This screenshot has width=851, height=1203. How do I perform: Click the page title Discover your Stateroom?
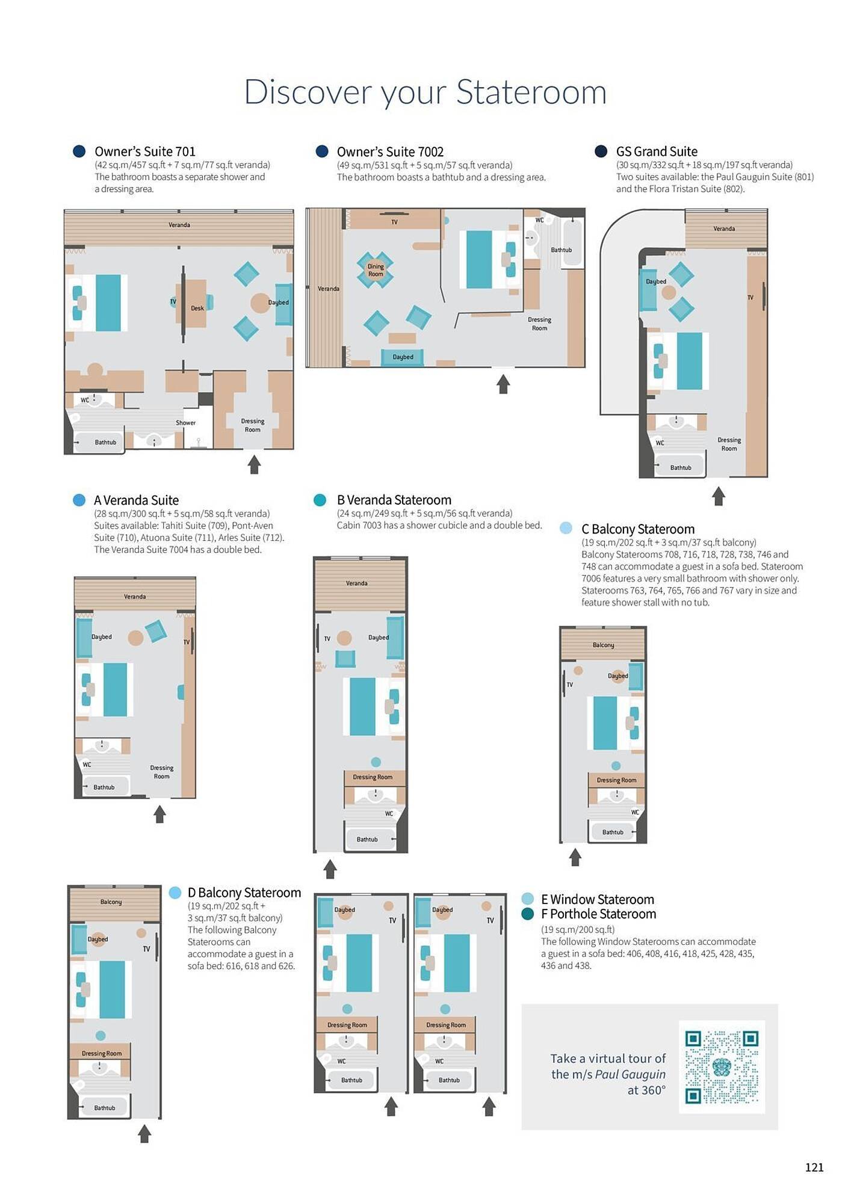pos(425,92)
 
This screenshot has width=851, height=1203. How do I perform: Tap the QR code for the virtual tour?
pos(722,1066)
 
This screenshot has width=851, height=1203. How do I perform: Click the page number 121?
pos(814,1167)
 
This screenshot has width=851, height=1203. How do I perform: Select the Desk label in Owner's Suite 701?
pos(197,308)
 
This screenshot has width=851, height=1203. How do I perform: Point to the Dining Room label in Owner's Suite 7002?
pos(376,270)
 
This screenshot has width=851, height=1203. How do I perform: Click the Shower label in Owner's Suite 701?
pos(185,423)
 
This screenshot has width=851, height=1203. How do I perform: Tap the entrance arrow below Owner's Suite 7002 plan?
pos(503,384)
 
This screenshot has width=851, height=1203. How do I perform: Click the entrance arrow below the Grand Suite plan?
pos(718,496)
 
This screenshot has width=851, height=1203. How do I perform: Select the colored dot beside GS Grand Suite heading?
pos(601,152)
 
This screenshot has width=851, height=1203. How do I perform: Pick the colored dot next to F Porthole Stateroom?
pos(528,914)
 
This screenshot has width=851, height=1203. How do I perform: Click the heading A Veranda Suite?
pos(136,500)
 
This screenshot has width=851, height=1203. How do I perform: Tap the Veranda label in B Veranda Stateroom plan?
pos(356,583)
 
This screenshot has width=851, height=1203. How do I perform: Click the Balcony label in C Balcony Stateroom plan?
pos(603,645)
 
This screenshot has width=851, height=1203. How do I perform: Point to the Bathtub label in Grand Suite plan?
pos(681,467)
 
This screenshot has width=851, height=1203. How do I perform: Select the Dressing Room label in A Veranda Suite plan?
pos(161,772)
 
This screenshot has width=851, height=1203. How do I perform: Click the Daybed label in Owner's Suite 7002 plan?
pos(403,357)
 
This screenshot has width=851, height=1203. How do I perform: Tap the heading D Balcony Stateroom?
pos(244,893)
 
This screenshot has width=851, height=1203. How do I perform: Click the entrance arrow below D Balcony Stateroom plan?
pos(144,1134)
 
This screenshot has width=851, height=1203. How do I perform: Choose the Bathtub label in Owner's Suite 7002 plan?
pos(561,250)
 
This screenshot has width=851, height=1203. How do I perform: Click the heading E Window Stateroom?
pos(597,899)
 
